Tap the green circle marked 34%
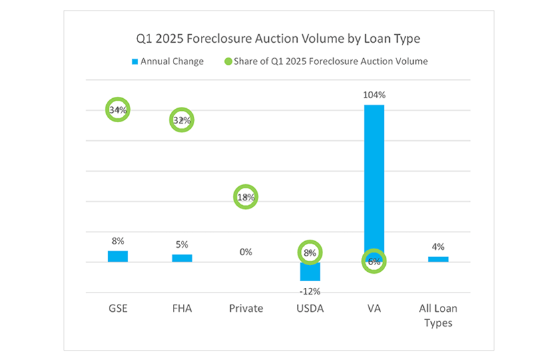click(118, 110)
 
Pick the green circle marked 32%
click(182, 120)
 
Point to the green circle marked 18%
click(246, 197)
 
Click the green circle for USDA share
click(310, 252)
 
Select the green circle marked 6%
click(374, 262)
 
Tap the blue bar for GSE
click(118, 256)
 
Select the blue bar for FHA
click(182, 258)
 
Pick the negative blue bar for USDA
click(310, 272)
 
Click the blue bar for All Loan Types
click(438, 259)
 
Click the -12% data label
click(310, 291)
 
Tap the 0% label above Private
click(246, 252)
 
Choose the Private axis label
click(246, 309)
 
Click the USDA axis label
click(310, 309)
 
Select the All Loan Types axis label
click(438, 315)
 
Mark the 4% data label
click(438, 246)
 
